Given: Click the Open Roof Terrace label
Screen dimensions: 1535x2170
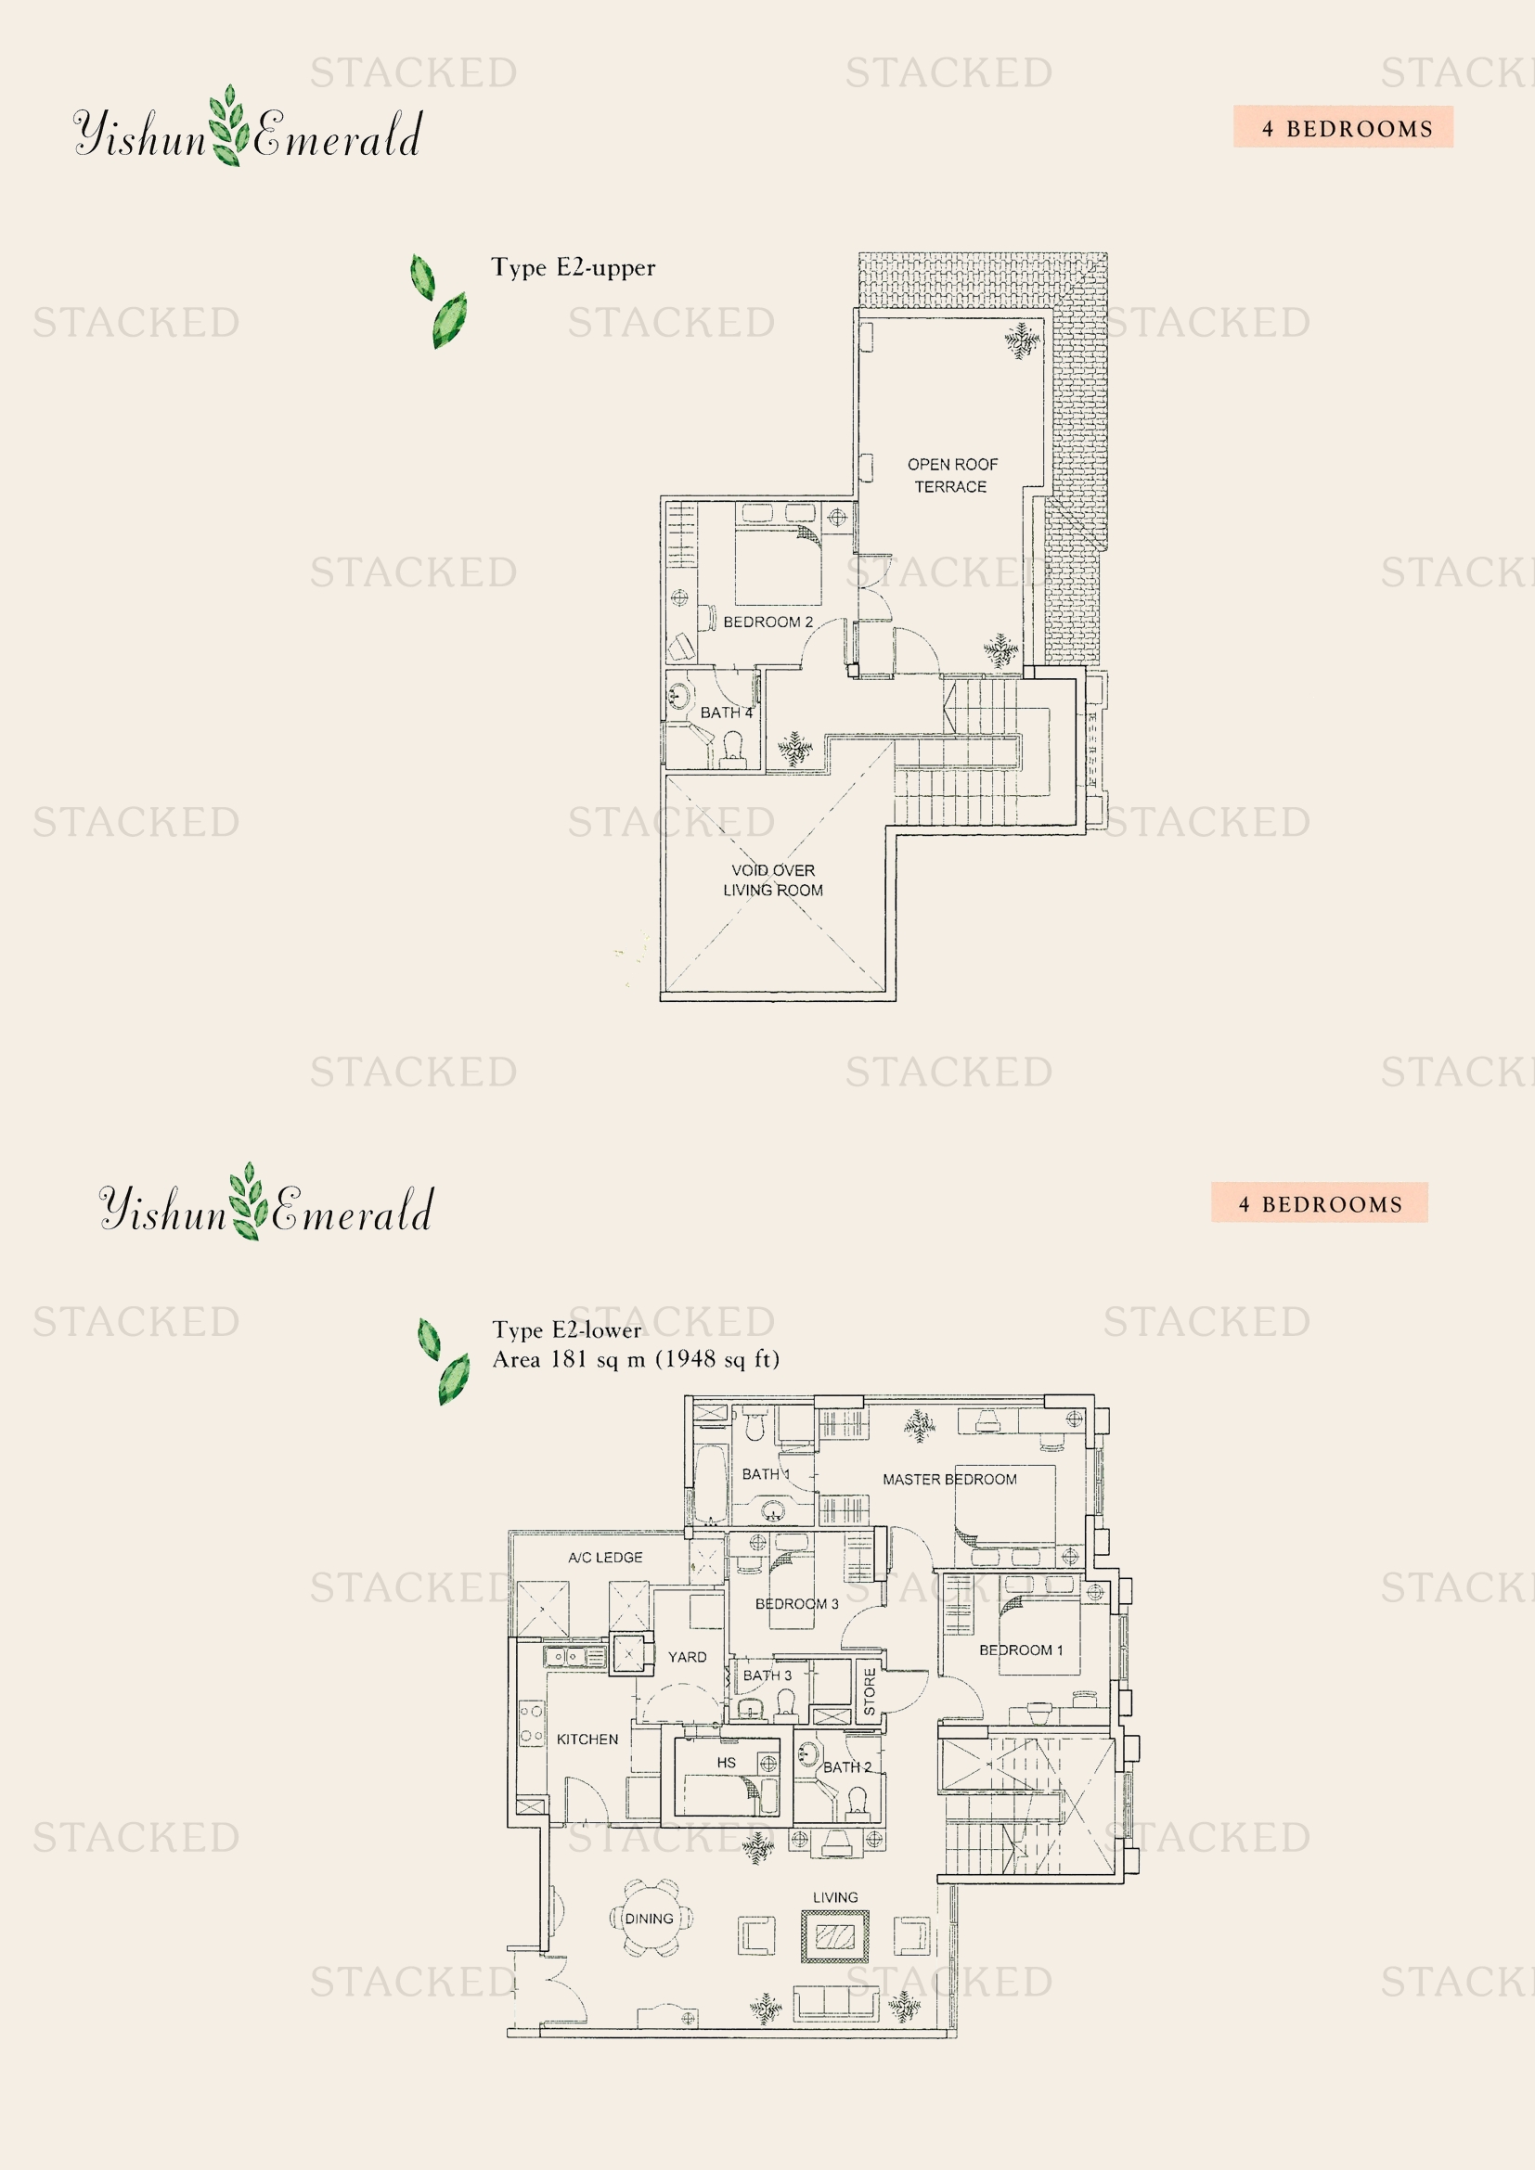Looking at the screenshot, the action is [952, 475].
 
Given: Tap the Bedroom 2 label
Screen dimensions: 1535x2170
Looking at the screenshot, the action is [767, 622].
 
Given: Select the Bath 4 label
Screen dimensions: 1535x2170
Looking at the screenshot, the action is [726, 713].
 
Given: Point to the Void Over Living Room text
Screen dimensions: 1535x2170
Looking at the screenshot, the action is [773, 880].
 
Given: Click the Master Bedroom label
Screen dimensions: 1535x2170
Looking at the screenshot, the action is [950, 1479].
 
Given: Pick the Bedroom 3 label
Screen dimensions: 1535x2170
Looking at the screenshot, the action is [797, 1604].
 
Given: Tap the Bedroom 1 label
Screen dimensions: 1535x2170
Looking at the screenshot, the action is [1021, 1650].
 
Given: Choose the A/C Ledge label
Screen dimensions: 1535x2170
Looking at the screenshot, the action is [605, 1558].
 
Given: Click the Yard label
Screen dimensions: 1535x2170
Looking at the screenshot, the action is [687, 1657].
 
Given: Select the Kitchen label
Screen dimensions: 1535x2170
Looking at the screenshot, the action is [587, 1739].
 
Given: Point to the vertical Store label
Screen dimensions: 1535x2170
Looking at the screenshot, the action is [870, 1692].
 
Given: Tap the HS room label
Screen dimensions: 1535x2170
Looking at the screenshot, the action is [726, 1763].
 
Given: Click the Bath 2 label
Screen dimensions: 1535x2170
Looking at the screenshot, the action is [847, 1767].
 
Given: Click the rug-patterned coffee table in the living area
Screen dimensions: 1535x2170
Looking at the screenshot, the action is [835, 1936].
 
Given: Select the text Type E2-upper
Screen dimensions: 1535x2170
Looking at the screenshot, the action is [573, 268].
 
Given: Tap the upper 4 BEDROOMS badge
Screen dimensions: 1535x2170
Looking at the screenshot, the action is [1343, 128].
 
